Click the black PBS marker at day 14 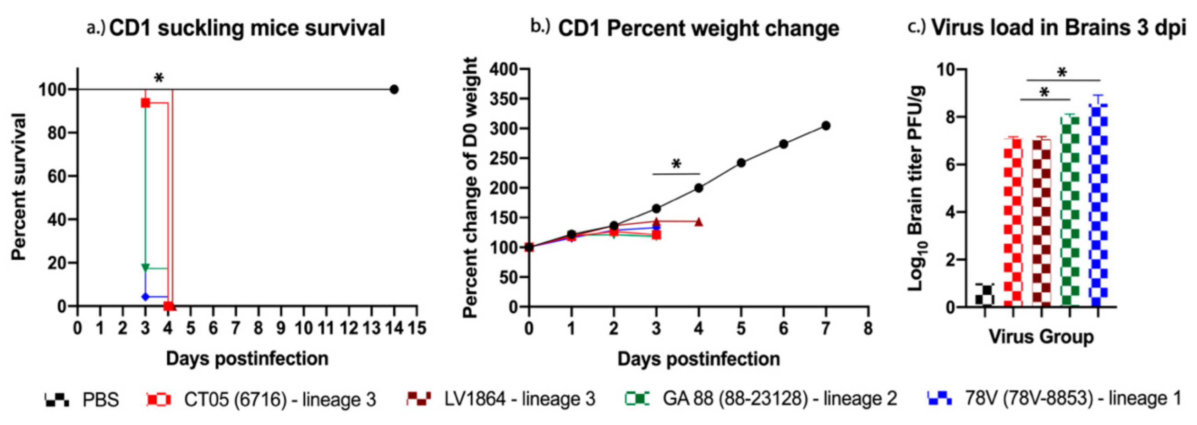394,89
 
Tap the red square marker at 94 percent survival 145,103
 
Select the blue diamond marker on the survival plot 145,297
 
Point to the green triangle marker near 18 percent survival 145,267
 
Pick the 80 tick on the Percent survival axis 58,133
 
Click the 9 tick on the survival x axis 280,328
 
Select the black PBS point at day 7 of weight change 826,126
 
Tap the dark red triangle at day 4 698,222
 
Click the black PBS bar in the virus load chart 985,295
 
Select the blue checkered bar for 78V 1098,204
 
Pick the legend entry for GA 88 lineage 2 761,399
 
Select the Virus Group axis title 1041,337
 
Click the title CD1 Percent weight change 698,29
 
